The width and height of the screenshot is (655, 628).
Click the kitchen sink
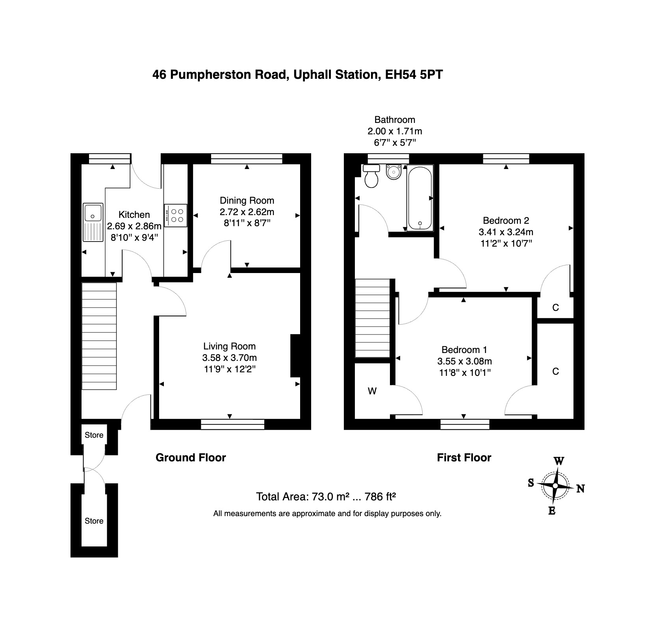tap(93, 222)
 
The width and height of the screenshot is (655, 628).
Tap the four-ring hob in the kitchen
tap(176, 216)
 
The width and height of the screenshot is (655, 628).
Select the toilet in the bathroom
tap(371, 176)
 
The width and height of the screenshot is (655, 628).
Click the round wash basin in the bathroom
tap(393, 172)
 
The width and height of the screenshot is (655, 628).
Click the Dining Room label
tap(247, 200)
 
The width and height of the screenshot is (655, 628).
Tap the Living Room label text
tap(230, 346)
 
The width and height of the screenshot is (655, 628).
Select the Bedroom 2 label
tap(506, 220)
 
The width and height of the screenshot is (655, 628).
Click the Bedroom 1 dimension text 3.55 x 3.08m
tap(465, 361)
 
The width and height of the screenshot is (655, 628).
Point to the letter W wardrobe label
tap(372, 391)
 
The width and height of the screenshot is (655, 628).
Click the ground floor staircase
tap(99, 336)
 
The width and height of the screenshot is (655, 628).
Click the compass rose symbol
tap(555, 486)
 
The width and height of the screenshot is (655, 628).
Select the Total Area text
tap(326, 496)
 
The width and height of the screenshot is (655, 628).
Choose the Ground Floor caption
tap(191, 457)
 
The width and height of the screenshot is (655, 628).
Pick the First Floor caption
tap(464, 457)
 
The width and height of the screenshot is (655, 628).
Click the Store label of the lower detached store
tap(94, 521)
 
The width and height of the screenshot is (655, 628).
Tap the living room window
tap(232, 424)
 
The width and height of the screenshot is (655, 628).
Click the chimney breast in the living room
tap(295, 356)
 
